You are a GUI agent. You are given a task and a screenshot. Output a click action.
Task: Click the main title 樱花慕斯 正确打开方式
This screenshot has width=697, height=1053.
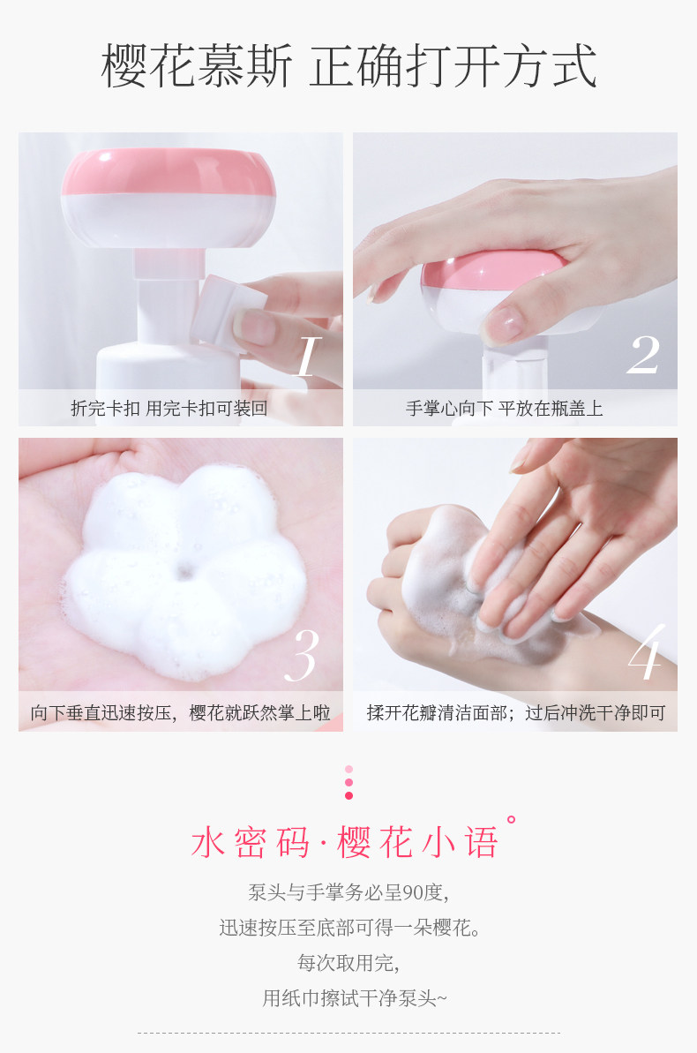(x=348, y=66)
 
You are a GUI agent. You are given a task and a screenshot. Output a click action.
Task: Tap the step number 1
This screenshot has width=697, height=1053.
(x=306, y=356)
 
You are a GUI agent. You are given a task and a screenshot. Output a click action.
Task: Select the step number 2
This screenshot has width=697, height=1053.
(x=643, y=356)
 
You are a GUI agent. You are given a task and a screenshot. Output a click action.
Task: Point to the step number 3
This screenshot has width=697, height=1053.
(x=303, y=655)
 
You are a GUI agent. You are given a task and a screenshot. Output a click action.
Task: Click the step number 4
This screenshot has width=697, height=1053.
(x=645, y=654)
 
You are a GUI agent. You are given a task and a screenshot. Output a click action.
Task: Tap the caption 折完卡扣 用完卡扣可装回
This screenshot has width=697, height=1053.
(x=169, y=409)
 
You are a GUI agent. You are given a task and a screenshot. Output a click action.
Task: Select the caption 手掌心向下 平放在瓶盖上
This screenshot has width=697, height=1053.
(x=504, y=409)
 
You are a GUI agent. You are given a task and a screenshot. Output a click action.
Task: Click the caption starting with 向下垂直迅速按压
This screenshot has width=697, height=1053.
(x=180, y=713)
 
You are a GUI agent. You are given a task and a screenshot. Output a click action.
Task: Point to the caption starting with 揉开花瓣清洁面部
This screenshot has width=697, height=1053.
(x=515, y=713)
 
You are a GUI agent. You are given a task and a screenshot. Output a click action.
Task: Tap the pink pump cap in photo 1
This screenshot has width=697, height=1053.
(x=168, y=172)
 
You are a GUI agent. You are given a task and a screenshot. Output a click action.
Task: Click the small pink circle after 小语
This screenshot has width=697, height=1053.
(x=510, y=820)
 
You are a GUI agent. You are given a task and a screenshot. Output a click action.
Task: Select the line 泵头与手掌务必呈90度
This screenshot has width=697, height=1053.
(x=348, y=892)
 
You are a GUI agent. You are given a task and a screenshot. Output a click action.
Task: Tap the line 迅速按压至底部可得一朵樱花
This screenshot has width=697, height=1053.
(x=348, y=928)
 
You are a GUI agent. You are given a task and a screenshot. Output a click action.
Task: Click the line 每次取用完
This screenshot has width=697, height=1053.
(x=348, y=963)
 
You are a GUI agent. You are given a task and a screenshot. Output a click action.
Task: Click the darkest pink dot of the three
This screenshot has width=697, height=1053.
(x=348, y=795)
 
